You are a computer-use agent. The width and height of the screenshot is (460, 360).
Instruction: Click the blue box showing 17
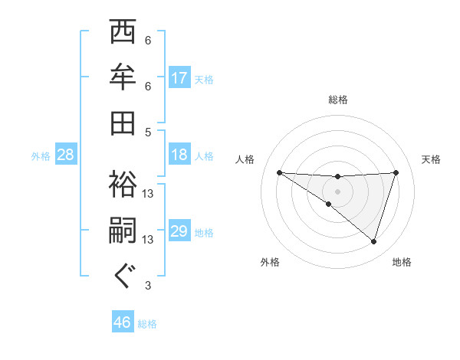click(179, 78)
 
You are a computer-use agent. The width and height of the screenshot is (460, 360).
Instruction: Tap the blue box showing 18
click(179, 155)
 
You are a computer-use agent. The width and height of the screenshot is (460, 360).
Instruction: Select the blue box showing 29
click(179, 232)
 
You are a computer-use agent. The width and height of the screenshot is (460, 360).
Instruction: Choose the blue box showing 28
click(66, 155)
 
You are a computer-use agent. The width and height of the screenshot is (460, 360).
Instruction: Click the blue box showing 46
click(123, 322)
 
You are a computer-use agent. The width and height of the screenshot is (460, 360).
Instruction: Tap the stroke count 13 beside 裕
click(149, 194)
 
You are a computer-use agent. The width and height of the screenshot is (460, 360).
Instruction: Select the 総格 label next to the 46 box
click(148, 324)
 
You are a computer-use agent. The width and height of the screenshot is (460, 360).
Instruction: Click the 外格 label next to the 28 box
click(41, 156)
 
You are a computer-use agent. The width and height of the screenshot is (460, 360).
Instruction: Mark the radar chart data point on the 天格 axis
click(396, 172)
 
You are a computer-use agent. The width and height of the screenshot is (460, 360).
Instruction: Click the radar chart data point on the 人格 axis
click(279, 172)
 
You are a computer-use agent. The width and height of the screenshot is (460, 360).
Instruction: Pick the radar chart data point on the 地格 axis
click(373, 241)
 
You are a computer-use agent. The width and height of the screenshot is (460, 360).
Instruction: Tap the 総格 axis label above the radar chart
click(338, 100)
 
